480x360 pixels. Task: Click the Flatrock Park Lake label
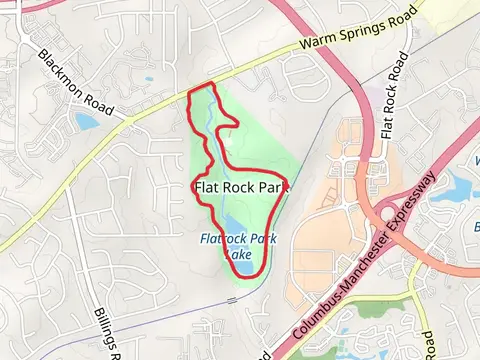[x=237, y=246]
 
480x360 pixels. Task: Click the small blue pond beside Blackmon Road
[x=86, y=122]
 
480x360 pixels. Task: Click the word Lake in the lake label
[x=240, y=254]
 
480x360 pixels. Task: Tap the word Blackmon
[x=65, y=67]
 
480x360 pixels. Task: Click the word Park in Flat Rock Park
[x=272, y=187]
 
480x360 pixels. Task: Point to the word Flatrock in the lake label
[x=220, y=239]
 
